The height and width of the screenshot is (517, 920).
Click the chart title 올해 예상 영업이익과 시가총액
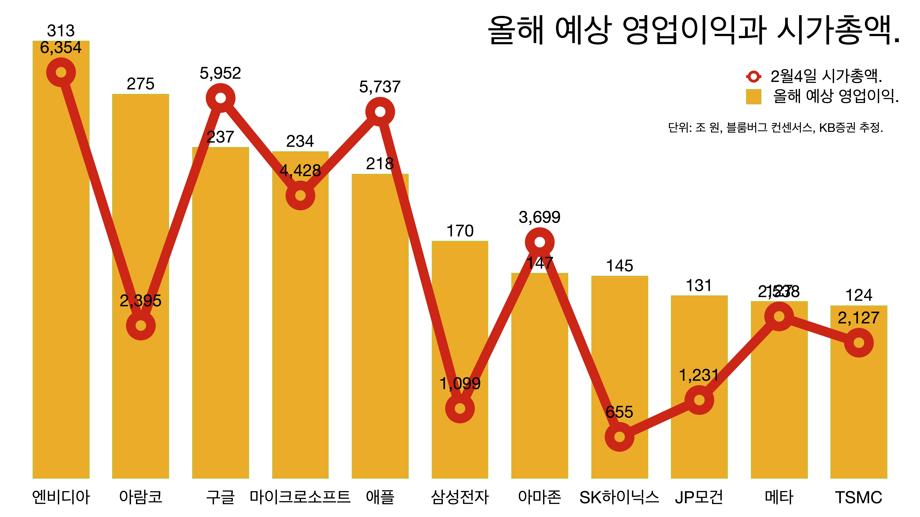693,30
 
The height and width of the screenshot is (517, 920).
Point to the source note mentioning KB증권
775,127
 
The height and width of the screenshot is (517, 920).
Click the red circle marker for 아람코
141,325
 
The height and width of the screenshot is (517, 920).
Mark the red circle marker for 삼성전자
460,409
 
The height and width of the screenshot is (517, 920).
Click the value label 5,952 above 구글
220,74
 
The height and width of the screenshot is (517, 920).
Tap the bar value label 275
141,84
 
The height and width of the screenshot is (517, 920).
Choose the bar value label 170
460,231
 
